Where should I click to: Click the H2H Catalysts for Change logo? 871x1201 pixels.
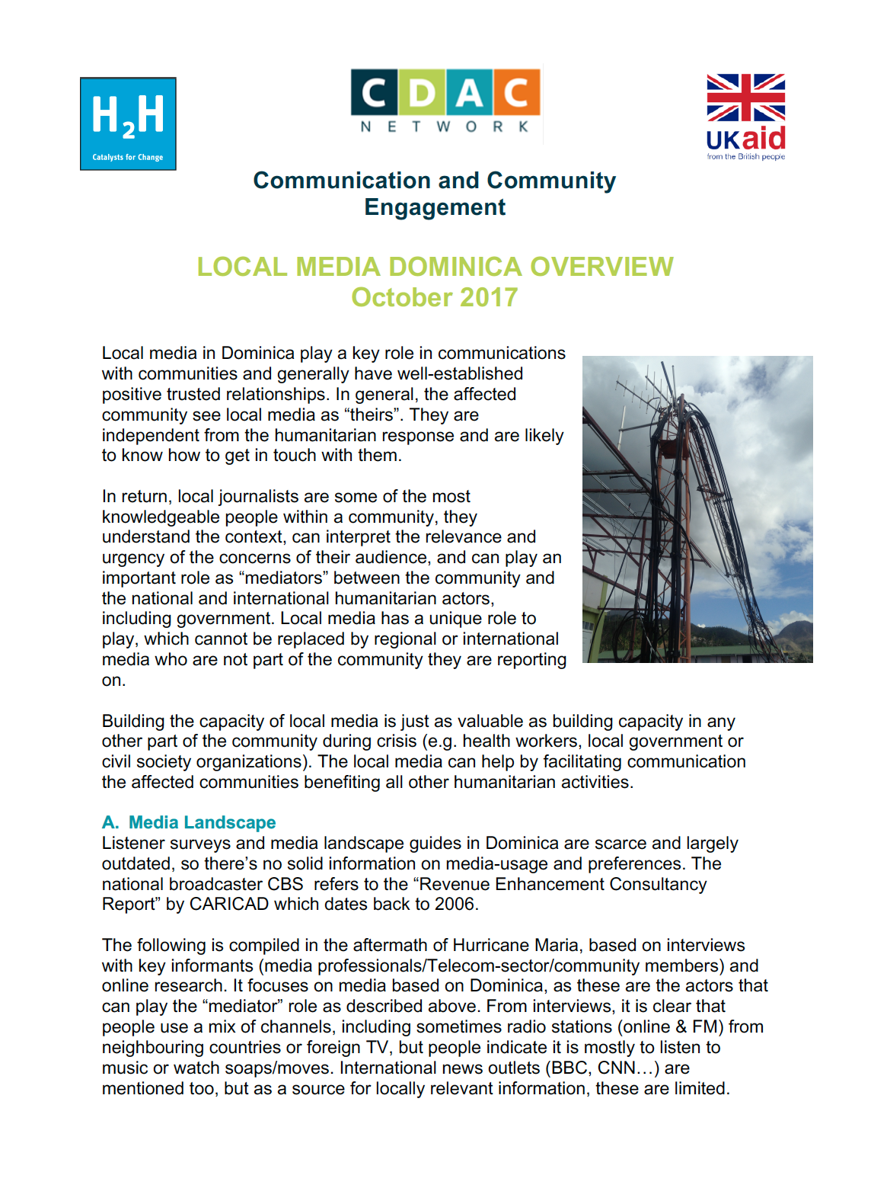(x=128, y=123)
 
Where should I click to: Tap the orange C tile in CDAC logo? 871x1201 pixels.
(x=517, y=93)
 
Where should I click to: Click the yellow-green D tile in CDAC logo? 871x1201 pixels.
(x=422, y=93)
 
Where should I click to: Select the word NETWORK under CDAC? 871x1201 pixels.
(x=445, y=127)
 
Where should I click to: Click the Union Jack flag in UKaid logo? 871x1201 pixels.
(x=745, y=98)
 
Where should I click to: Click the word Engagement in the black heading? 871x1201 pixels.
(x=435, y=207)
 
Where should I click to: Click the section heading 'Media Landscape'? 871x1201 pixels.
(x=202, y=822)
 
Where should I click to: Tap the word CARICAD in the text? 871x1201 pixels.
(x=228, y=904)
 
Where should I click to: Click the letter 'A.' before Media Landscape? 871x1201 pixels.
(x=110, y=822)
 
